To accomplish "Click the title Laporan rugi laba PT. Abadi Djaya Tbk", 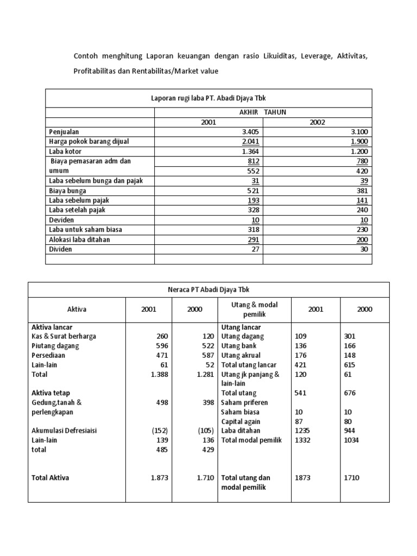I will tap(208, 98).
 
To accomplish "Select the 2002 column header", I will tap(317, 122).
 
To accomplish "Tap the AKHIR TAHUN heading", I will tap(263, 112).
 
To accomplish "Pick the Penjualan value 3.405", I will tap(251, 131).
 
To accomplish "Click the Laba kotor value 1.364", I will tap(251, 151).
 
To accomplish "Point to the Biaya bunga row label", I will tap(67, 191).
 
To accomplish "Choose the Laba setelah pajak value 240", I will tap(362, 210).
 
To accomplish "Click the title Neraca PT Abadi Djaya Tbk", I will tap(208, 289).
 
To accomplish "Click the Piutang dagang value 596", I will tap(162, 346).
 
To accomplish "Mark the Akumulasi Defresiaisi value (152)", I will tap(160, 431).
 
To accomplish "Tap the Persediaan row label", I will tap(49, 355).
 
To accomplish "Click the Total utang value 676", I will tap(351, 393).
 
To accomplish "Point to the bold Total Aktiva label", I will tap(50, 478).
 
